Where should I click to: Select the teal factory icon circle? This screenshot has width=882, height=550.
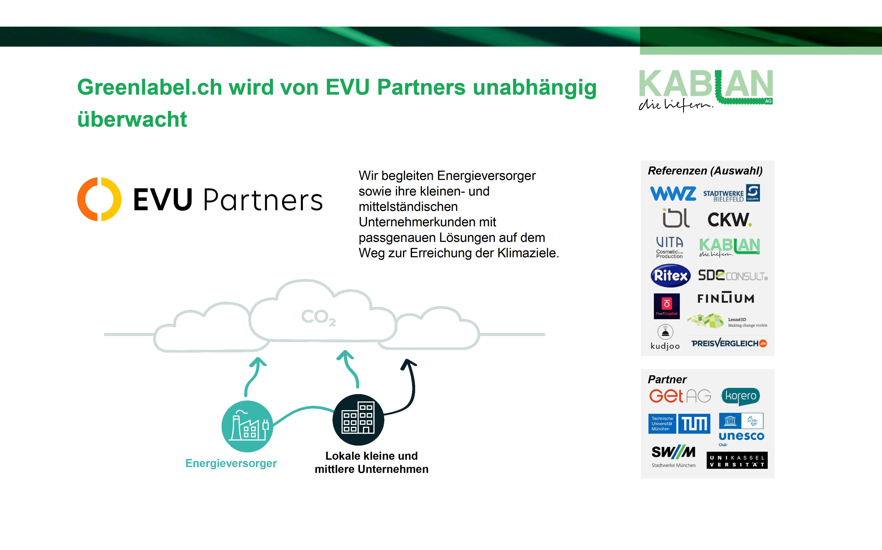pyautogui.click(x=247, y=426)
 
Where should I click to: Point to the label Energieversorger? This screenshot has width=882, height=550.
pyautogui.click(x=231, y=463)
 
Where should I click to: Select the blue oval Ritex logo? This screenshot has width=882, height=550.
pyautogui.click(x=670, y=275)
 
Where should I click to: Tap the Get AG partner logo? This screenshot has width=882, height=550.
pyautogui.click(x=680, y=396)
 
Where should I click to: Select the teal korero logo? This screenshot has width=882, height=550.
pyautogui.click(x=741, y=396)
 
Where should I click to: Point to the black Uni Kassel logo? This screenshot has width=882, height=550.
pyautogui.click(x=737, y=461)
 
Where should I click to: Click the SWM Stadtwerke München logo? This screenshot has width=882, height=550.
pyautogui.click(x=673, y=455)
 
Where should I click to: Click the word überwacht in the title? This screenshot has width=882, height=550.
pyautogui.click(x=132, y=119)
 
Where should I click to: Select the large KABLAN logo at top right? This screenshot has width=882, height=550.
pyautogui.click(x=705, y=89)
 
